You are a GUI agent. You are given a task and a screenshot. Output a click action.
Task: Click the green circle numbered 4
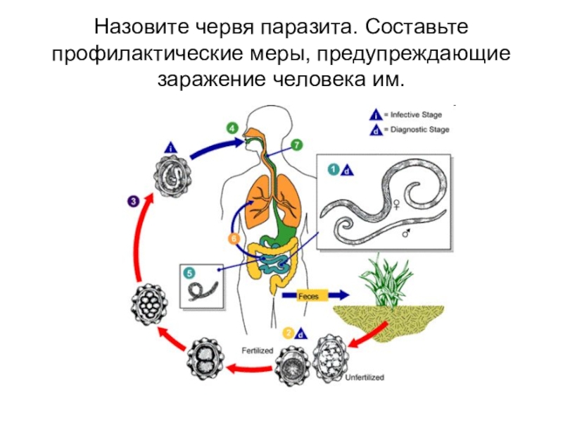pos(232,128)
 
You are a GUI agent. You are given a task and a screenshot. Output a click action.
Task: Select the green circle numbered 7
pos(297,146)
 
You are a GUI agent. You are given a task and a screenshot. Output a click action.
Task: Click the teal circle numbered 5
pos(188,274)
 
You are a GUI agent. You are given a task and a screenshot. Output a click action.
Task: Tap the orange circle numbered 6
pos(234,239)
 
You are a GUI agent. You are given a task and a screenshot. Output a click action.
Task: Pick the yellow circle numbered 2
pos(287,333)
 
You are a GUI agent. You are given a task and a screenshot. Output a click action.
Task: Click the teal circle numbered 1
pos(333,169)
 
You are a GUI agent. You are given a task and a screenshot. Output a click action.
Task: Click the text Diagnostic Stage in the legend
pos(422,130)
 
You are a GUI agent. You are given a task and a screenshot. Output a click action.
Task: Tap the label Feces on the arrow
pos(308,296)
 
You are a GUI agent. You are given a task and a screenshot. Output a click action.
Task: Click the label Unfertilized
pos(365,378)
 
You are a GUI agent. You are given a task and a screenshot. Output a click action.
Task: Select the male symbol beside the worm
pos(406,232)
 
